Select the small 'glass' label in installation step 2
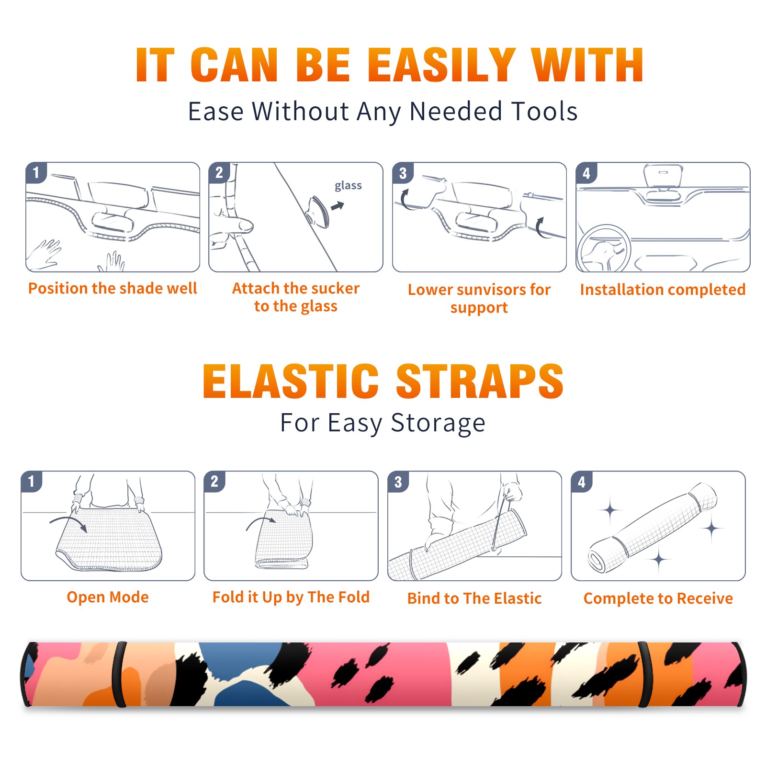(x=348, y=186)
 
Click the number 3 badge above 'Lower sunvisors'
(x=403, y=173)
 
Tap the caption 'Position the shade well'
(x=113, y=288)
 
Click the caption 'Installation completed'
(x=663, y=290)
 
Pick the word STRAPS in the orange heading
(x=480, y=381)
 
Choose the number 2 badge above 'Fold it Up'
(x=214, y=481)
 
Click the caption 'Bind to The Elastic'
(x=474, y=598)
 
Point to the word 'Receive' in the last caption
(x=705, y=598)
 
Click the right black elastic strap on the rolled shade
(x=644, y=675)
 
